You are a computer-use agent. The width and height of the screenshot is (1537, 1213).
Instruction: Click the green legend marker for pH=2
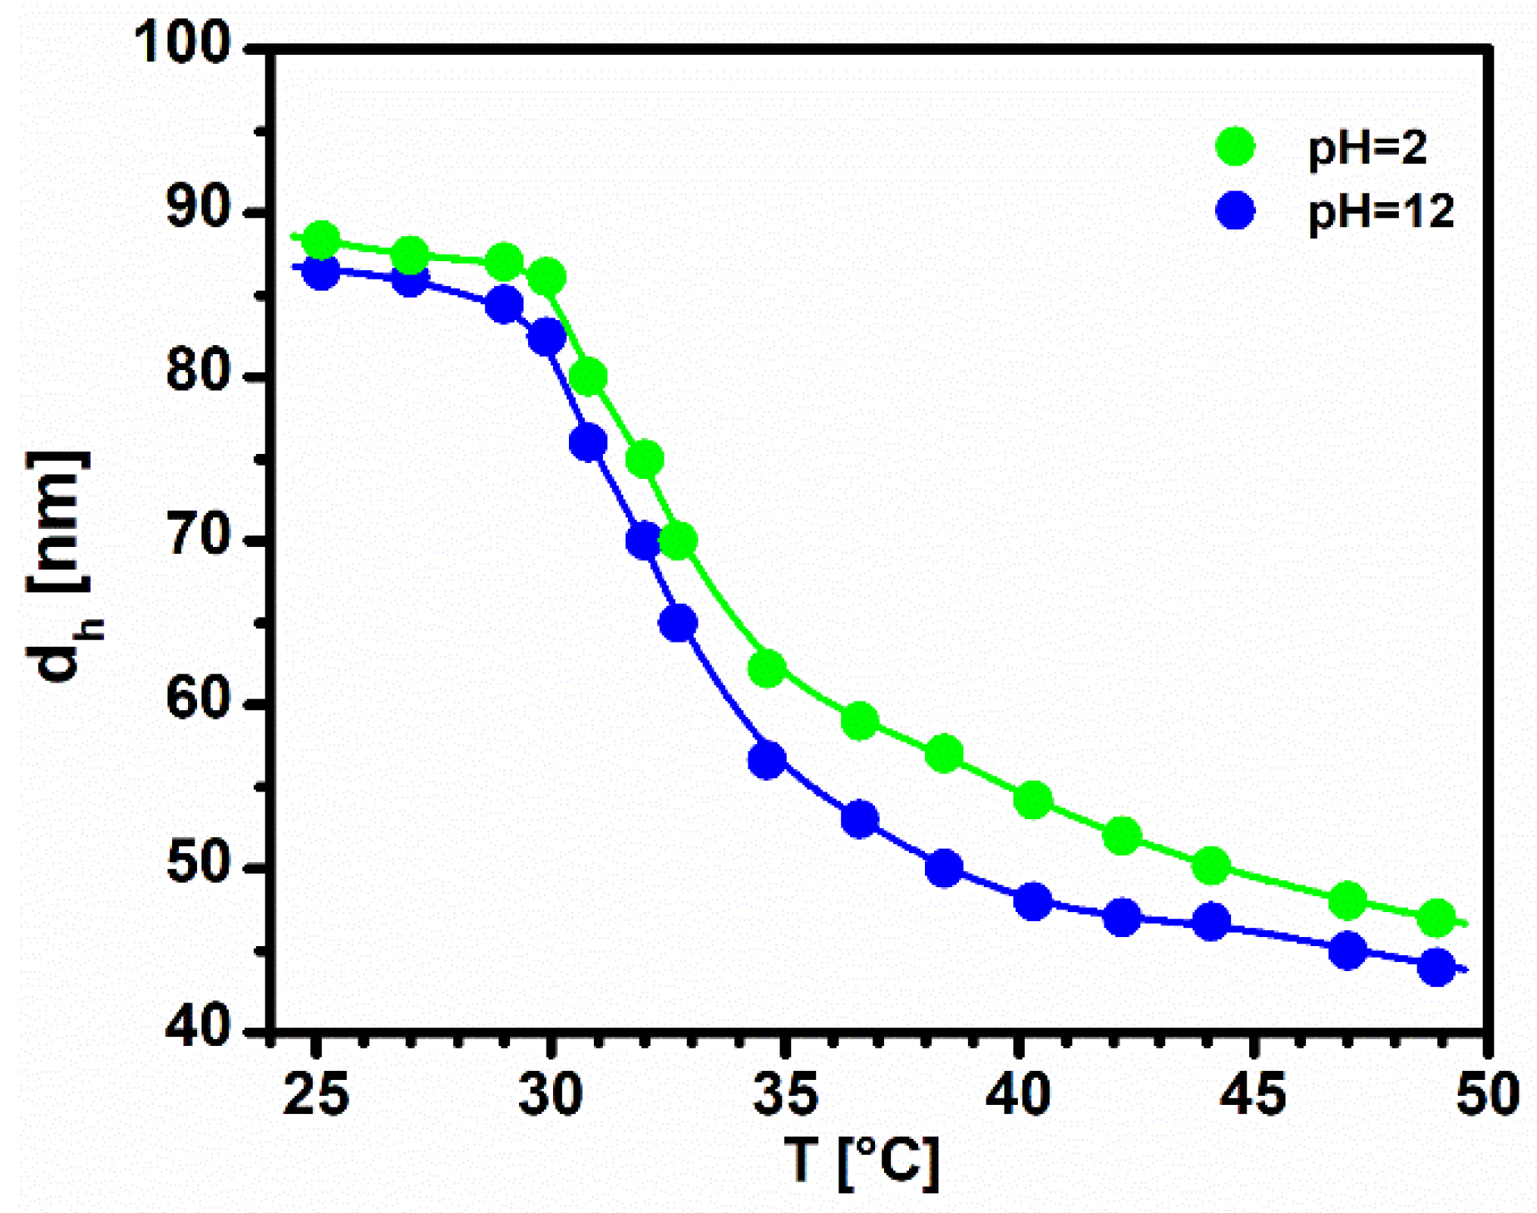click(x=1235, y=147)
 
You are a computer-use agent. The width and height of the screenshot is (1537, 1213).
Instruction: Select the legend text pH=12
click(x=1381, y=212)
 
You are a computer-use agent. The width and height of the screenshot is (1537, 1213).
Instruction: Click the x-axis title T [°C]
click(x=862, y=1162)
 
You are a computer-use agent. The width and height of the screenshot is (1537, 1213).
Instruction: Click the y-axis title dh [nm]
click(x=60, y=565)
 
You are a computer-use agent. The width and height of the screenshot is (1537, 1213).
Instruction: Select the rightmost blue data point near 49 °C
click(x=1437, y=967)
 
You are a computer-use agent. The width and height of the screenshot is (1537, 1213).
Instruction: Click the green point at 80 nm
click(x=588, y=377)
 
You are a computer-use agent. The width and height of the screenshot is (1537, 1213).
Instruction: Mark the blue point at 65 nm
click(x=678, y=623)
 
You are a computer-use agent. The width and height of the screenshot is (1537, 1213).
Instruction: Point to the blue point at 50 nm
click(x=943, y=869)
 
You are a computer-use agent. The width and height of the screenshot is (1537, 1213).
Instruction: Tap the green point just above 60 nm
click(x=767, y=668)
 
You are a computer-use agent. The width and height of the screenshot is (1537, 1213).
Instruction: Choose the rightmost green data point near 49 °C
click(x=1437, y=918)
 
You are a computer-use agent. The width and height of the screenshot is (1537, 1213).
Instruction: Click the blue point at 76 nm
click(x=588, y=442)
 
